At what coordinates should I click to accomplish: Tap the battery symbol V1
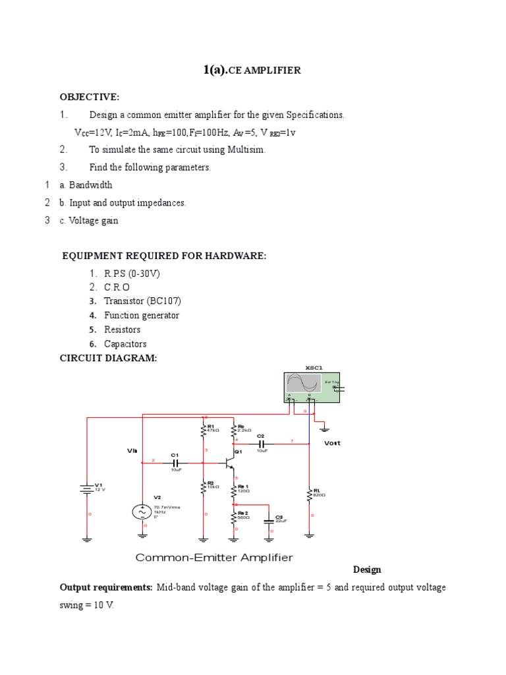pos(86,488)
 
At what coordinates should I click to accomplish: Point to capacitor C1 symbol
pos(175,463)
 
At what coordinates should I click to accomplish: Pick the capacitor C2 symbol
pos(262,444)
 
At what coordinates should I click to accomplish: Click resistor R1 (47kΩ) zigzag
pos(204,430)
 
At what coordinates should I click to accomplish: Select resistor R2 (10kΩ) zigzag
pos(204,486)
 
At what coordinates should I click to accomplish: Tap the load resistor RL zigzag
pos(310,494)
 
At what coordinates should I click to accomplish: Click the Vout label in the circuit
pos(333,444)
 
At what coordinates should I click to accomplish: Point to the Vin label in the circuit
pos(132,451)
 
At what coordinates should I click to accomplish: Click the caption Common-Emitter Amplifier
pos(213,558)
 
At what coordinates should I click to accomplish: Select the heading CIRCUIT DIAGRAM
pos(109,358)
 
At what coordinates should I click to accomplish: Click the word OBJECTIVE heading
pos(90,98)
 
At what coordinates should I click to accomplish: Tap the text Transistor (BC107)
pos(142,301)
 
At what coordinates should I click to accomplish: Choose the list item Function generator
pos(141,315)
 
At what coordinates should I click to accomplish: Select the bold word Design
pos(367,570)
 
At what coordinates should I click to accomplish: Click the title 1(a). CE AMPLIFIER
pos(252,70)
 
